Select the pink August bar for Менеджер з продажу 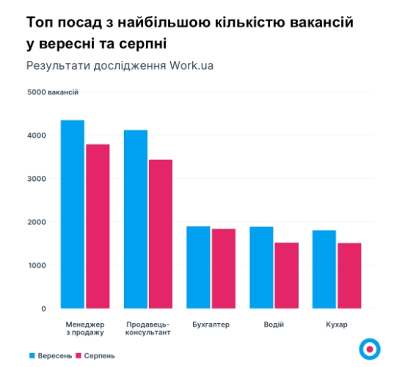pos(97,226)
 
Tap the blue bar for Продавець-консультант pos(135,219)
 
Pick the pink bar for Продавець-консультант pos(160,234)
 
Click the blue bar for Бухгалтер pos(198,267)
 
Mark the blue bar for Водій pos(261,267)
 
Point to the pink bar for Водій pos(286,275)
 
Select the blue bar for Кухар pos(324,269)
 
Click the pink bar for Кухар pos(349,275)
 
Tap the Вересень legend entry pos(51,355)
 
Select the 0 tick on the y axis pos(43,308)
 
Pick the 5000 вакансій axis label pos(53,92)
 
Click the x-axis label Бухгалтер pos(211,324)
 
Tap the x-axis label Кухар pos(337,324)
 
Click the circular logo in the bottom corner pos(369,348)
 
